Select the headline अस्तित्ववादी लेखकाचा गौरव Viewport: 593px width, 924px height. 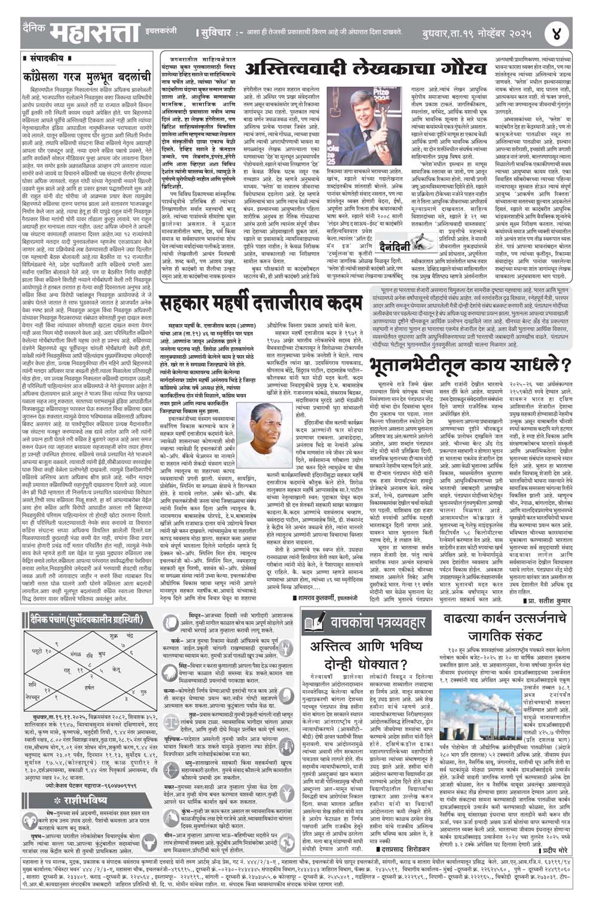point(365,69)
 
